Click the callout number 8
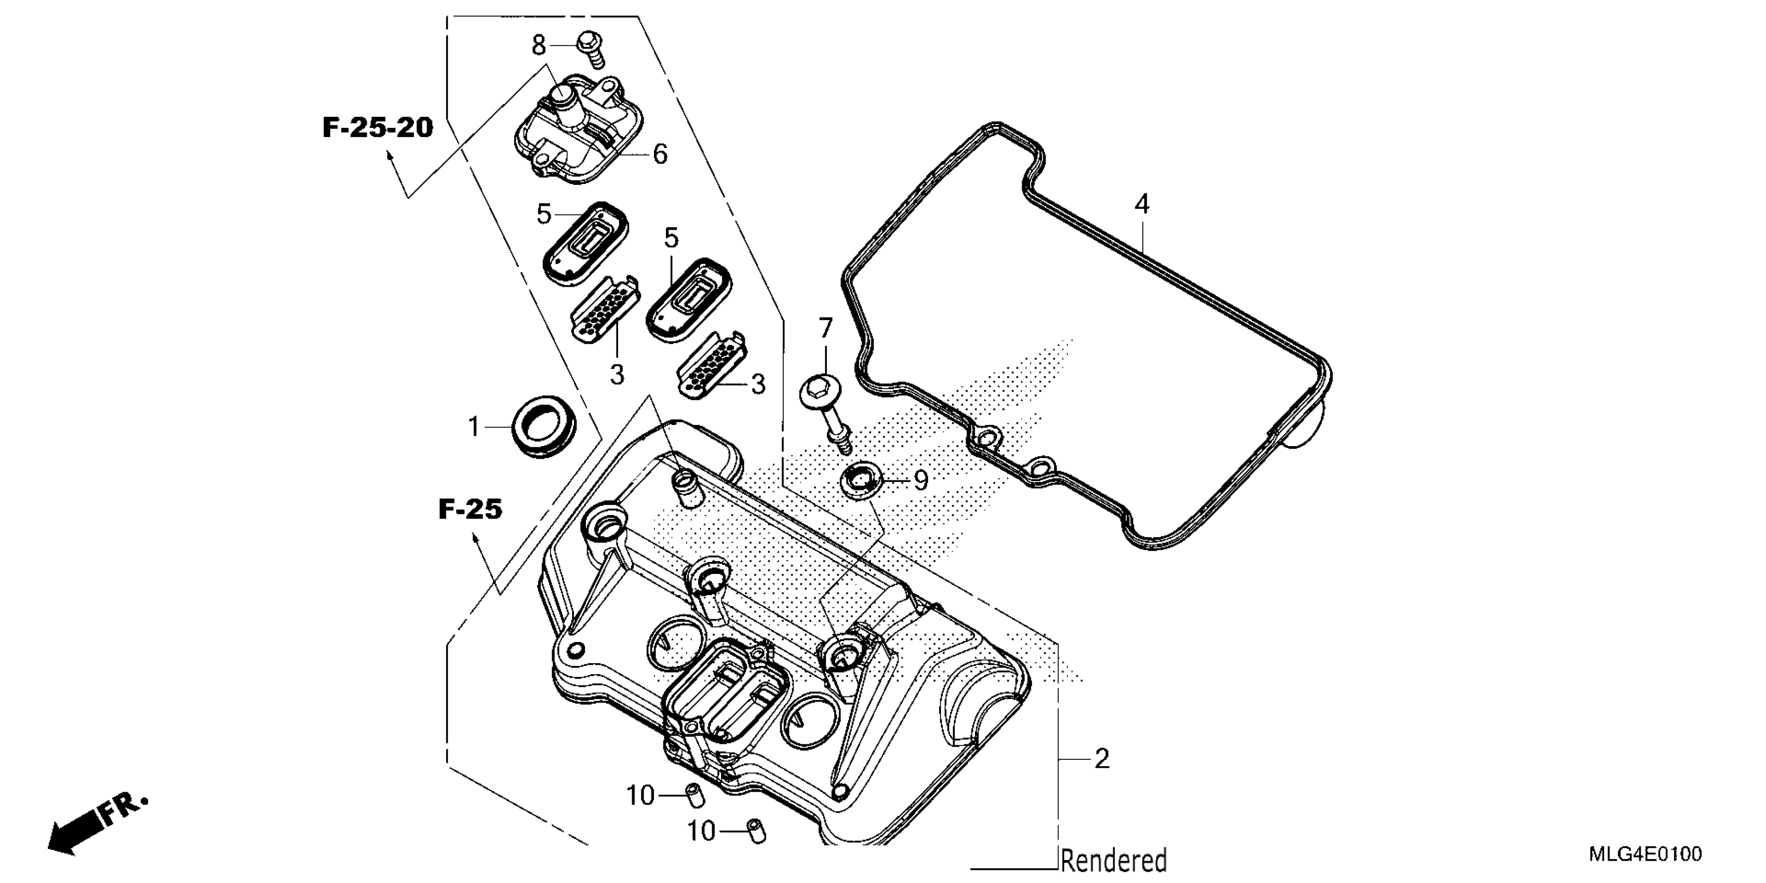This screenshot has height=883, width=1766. [539, 46]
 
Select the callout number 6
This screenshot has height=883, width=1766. [660, 155]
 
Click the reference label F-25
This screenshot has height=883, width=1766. [470, 510]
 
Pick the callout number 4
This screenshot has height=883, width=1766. [1142, 204]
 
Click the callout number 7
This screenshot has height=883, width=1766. [825, 328]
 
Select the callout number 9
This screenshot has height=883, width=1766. [921, 480]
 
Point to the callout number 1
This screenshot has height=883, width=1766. [474, 427]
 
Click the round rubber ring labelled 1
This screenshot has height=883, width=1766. [544, 430]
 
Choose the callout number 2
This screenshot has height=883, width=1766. [1102, 759]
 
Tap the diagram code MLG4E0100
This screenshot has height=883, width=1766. [1645, 854]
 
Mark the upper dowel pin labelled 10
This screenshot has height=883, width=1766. [695, 796]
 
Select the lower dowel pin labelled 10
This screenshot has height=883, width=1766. [757, 831]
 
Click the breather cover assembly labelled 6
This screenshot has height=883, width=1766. [579, 130]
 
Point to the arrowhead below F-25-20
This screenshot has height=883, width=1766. [391, 156]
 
